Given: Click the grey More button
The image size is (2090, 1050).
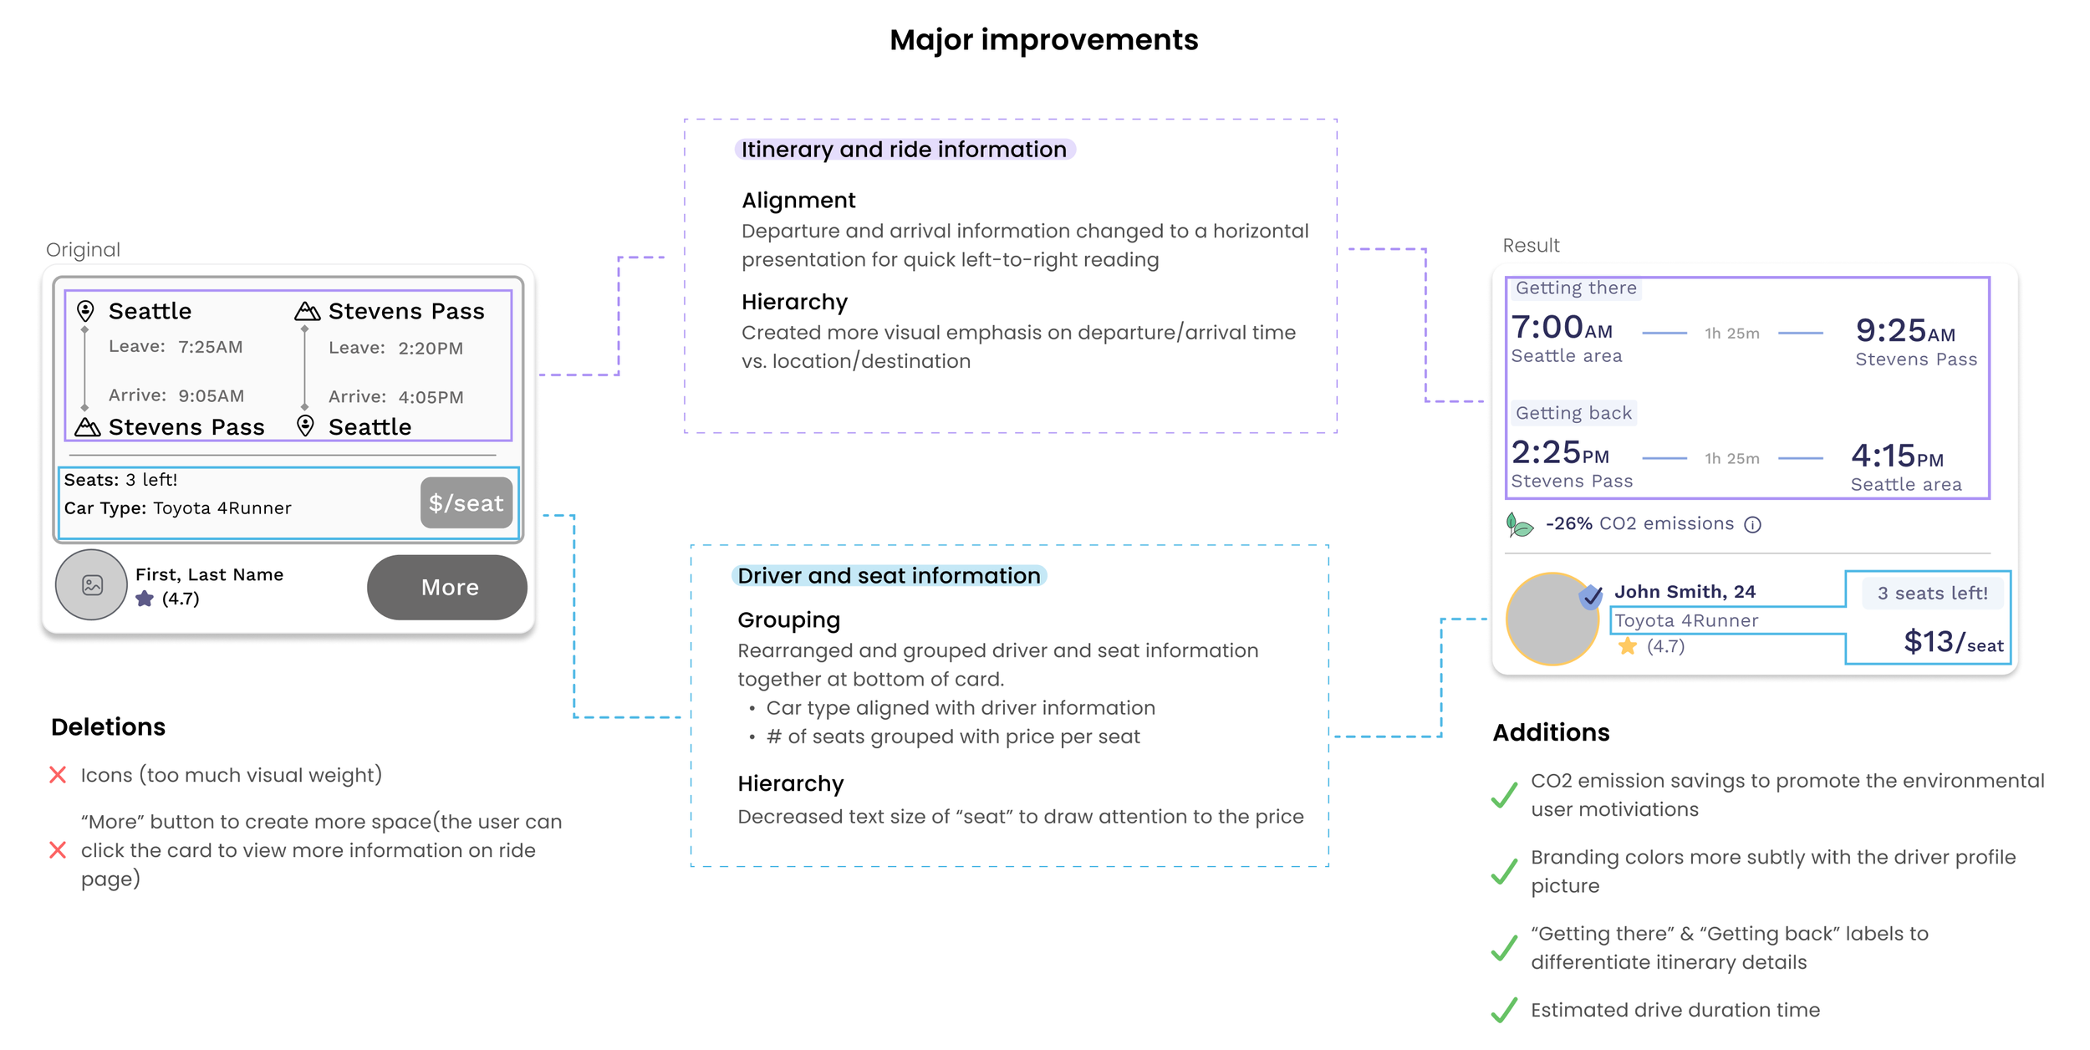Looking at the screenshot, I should point(447,588).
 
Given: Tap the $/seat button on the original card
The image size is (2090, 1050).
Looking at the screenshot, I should point(466,503).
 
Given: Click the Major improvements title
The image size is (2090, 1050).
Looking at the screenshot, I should point(1043,40).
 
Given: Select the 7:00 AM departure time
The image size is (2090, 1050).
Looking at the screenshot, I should point(1561,328).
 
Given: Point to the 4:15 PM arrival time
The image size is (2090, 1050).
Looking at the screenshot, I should point(1896,456).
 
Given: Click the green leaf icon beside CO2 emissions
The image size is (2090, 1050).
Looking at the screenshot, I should point(1519,525).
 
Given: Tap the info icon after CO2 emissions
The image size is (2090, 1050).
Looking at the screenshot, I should point(1752,525).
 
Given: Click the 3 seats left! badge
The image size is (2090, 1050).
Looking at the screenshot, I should point(1932,594).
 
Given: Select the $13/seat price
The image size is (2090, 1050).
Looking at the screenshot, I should point(1953,642).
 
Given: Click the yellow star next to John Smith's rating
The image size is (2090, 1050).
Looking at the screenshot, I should point(1627,646).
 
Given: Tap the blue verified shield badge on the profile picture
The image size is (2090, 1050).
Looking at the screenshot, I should point(1590,596).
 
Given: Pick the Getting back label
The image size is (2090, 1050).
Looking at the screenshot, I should point(1573,413).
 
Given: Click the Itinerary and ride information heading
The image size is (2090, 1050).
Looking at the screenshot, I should point(904,150).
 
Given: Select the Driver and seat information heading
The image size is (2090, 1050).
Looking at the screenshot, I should point(889,576).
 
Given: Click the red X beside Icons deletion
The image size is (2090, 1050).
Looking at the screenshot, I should point(58,775).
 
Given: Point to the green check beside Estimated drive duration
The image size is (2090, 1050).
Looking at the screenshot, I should point(1504,1010).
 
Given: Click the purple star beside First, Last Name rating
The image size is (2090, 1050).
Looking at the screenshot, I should point(145,599).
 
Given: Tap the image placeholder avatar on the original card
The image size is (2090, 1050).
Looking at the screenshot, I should point(92,585).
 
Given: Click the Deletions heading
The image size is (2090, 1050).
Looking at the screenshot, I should point(108,727).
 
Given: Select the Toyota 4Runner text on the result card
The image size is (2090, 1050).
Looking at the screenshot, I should point(1685,620).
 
